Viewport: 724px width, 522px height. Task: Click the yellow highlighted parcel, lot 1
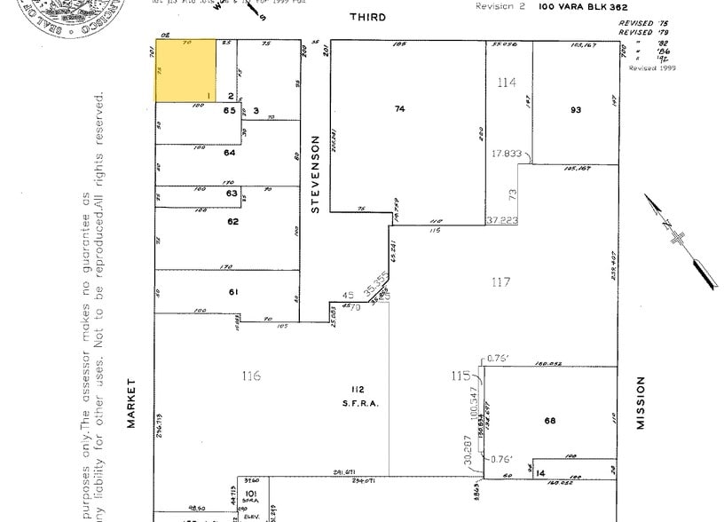click(185, 70)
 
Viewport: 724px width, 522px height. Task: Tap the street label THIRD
click(367, 17)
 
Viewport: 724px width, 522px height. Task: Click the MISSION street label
click(641, 403)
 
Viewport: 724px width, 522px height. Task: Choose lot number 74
click(399, 108)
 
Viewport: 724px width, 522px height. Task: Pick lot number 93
click(575, 109)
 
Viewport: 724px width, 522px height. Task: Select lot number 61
click(233, 292)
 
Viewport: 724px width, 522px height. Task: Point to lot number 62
click(232, 221)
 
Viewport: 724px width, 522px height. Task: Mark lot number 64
click(230, 153)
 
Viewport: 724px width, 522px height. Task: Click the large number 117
click(500, 281)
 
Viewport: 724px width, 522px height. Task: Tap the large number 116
click(251, 376)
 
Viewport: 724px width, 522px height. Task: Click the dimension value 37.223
click(500, 219)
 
